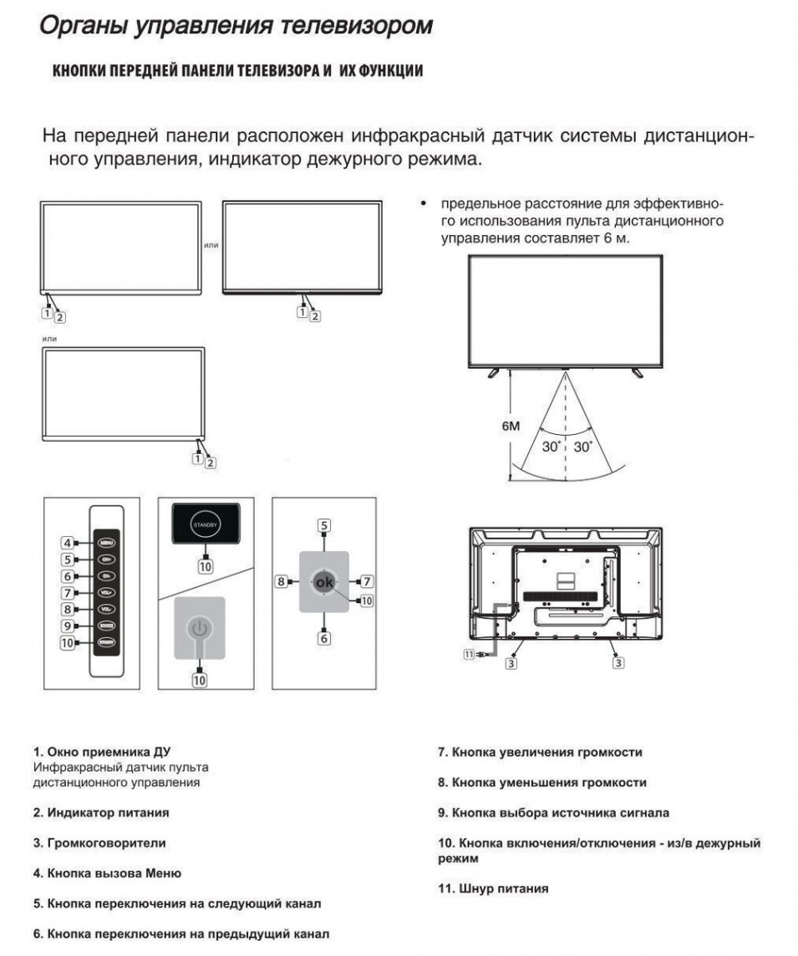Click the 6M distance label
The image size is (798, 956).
pyautogui.click(x=511, y=426)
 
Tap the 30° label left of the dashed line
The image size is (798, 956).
pyautogui.click(x=551, y=447)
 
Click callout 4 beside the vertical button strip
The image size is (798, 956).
pyautogui.click(x=67, y=542)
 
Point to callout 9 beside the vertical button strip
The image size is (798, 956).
pyautogui.click(x=67, y=626)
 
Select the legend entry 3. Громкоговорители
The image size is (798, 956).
pyautogui.click(x=99, y=842)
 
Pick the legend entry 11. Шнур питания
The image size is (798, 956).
pyautogui.click(x=493, y=888)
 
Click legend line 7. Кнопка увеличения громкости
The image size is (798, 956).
pyautogui.click(x=540, y=752)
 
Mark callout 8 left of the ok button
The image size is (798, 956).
pyautogui.click(x=282, y=580)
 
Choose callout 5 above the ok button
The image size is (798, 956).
pyautogui.click(x=323, y=525)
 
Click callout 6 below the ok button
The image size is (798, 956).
pyautogui.click(x=323, y=638)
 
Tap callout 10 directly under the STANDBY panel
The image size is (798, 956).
pyautogui.click(x=205, y=566)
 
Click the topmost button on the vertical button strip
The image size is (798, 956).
pyautogui.click(x=106, y=542)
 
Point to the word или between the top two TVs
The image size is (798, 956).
pyautogui.click(x=211, y=245)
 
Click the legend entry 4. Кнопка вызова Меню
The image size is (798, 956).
pyautogui.click(x=107, y=872)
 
